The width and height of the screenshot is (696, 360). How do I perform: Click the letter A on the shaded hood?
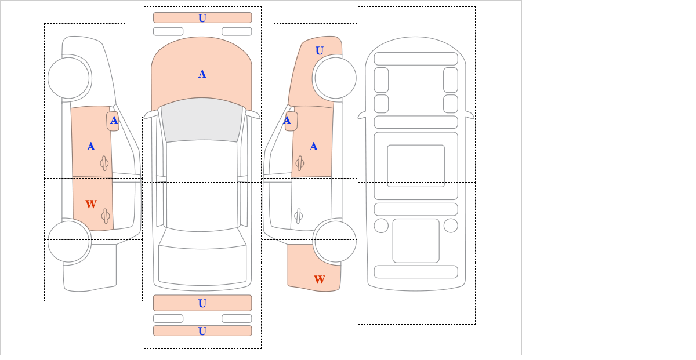pos(202,74)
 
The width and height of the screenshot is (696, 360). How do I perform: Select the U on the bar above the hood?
pos(202,18)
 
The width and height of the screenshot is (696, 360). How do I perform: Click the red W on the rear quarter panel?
pos(320,279)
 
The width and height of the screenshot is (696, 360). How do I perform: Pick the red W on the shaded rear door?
pos(91,204)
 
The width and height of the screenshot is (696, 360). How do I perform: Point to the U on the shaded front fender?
pos(320,50)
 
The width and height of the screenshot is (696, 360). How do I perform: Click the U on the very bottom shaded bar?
pos(202,331)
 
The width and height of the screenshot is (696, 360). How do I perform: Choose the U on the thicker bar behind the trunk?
pos(202,303)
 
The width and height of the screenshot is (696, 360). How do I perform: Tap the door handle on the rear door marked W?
pos(106,216)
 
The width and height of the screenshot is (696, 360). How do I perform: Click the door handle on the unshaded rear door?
pos(299,216)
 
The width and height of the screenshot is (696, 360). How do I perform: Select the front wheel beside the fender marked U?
pos(335,78)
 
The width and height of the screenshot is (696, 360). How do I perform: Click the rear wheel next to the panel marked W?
pos(335,242)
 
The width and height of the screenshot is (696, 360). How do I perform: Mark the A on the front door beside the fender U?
pos(314,146)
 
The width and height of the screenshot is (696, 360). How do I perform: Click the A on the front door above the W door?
pos(90,146)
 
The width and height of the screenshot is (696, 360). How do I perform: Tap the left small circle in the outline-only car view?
pos(381,226)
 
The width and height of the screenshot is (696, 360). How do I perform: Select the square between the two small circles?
pos(416,241)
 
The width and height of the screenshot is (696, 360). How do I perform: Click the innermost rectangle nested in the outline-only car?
pos(416,166)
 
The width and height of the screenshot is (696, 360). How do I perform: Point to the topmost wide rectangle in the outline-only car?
pos(416,59)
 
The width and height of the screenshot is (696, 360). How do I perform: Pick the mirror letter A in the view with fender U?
pos(287,121)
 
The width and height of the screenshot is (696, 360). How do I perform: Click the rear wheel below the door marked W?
pos(68,242)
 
